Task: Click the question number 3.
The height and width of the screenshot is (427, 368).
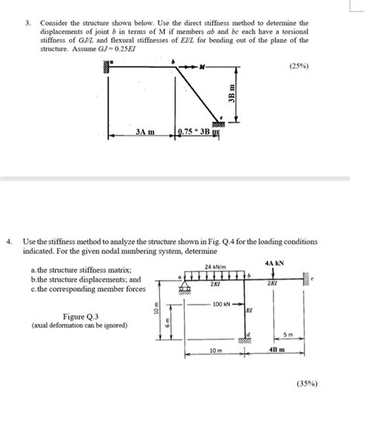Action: pos(27,23)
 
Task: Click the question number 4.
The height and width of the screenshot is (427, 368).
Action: pos(9,241)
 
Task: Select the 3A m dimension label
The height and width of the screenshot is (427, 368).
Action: pos(145,133)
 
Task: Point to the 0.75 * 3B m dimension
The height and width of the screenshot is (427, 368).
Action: pos(203,133)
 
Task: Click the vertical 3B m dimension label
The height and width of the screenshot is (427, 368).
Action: pos(231,94)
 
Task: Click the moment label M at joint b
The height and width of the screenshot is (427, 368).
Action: pos(203,68)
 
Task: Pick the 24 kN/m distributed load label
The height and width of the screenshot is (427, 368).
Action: pos(215,266)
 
